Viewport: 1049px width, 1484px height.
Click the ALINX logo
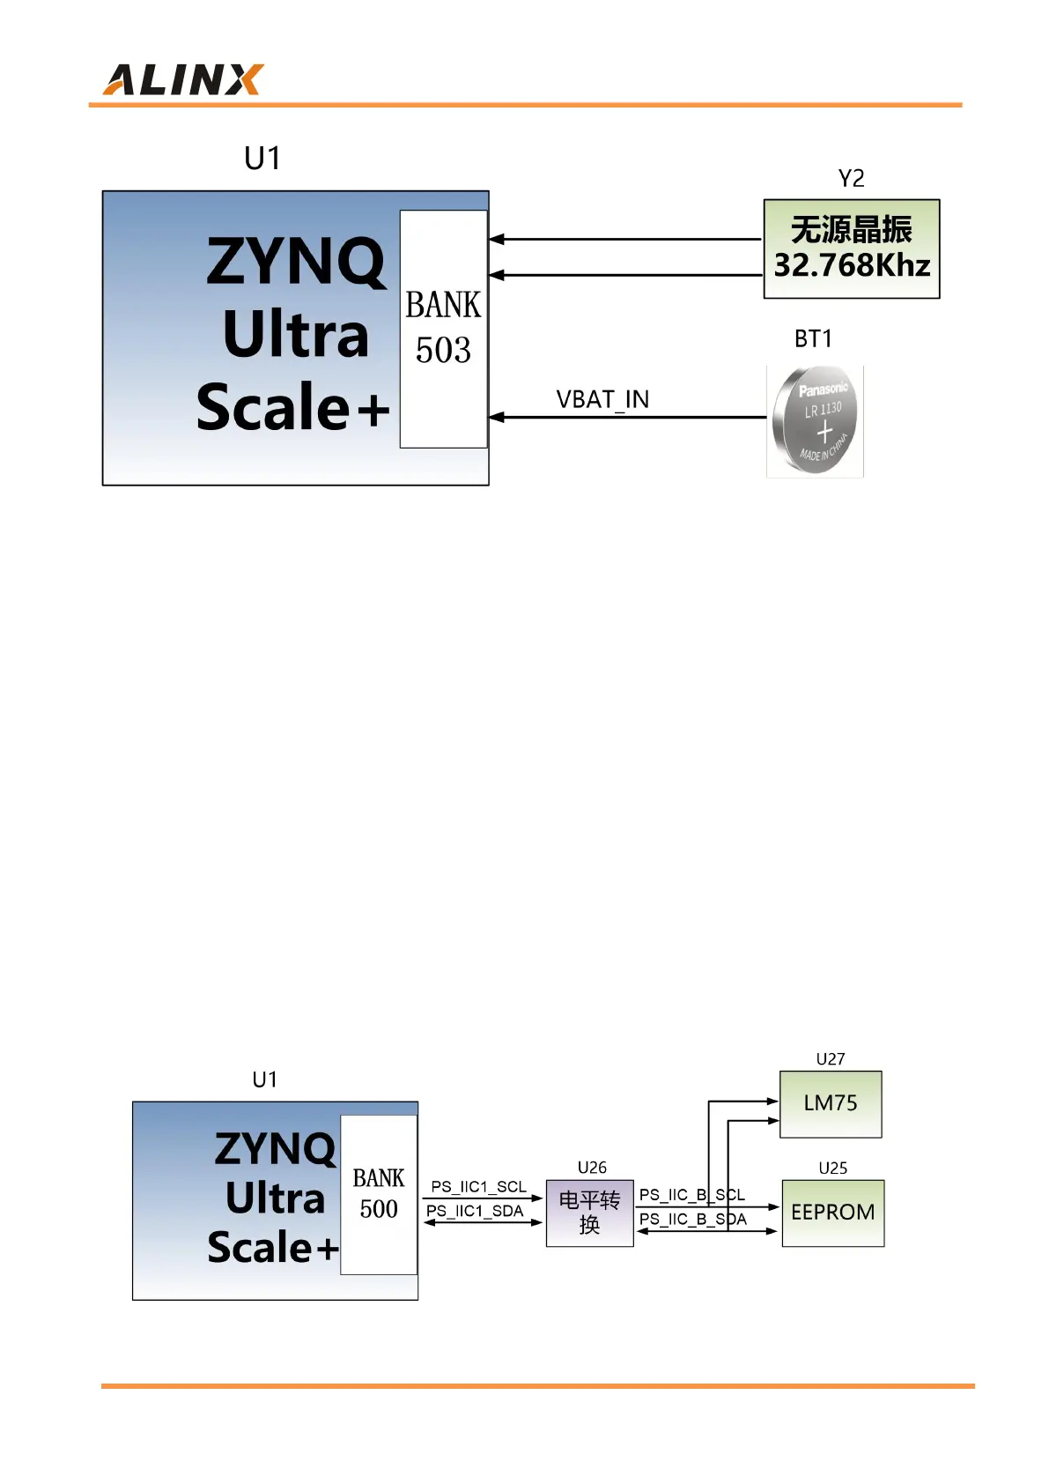(183, 79)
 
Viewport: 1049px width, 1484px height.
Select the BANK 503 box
(443, 329)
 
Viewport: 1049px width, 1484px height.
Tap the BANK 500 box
(379, 1194)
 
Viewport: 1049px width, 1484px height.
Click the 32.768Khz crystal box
(851, 249)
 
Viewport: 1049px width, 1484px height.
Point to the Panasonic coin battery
(815, 421)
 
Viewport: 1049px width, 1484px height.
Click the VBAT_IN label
(602, 400)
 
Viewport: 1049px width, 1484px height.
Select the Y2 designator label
(851, 179)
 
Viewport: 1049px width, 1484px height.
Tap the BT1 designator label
(813, 339)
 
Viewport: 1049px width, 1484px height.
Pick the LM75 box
(830, 1103)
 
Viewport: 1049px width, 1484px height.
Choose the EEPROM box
(832, 1213)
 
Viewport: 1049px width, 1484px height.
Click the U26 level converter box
(589, 1213)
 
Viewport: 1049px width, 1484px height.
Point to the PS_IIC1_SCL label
(478, 1187)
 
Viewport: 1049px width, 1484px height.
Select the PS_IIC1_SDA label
(475, 1211)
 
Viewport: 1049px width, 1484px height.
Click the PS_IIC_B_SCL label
(691, 1195)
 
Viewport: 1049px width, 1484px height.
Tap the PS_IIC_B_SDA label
(692, 1219)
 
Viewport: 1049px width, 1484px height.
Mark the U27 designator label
(830, 1059)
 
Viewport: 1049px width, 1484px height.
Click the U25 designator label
(832, 1169)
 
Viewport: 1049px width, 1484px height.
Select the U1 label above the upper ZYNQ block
(262, 159)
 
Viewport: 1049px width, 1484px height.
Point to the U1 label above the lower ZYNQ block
(264, 1080)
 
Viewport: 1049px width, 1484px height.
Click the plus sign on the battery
(824, 432)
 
